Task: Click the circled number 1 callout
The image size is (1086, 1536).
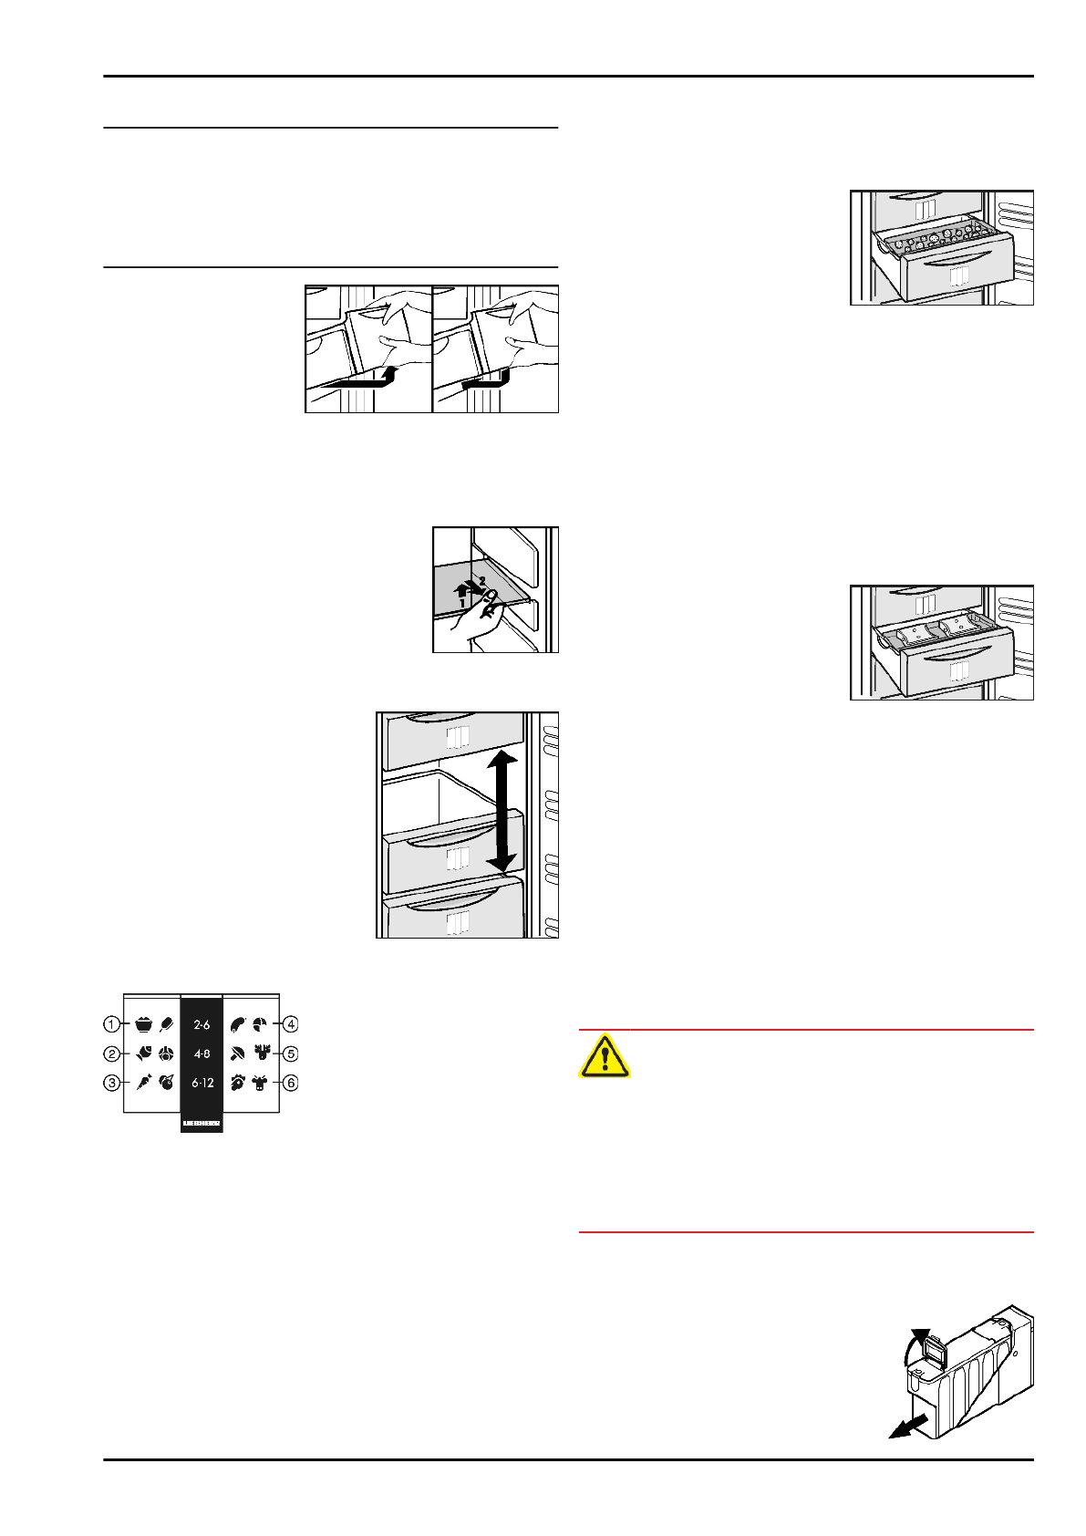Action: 111,1024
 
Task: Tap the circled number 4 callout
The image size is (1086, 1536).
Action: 291,1024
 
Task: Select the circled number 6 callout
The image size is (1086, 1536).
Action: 291,1084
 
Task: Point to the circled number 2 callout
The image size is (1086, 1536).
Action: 111,1054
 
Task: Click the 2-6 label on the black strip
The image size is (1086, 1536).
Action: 202,1024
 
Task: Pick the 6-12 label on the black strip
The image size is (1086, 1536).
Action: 202,1084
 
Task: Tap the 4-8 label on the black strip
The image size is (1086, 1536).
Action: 202,1054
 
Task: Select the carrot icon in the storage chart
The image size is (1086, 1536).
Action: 143,1084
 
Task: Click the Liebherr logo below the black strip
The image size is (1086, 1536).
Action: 202,1123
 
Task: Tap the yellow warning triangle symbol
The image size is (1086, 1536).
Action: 604,1056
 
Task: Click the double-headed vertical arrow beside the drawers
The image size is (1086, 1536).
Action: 501,810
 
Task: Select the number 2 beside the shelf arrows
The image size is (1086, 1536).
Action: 482,580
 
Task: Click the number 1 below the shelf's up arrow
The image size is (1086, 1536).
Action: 462,604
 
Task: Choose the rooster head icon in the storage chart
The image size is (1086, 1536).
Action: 237,1084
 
